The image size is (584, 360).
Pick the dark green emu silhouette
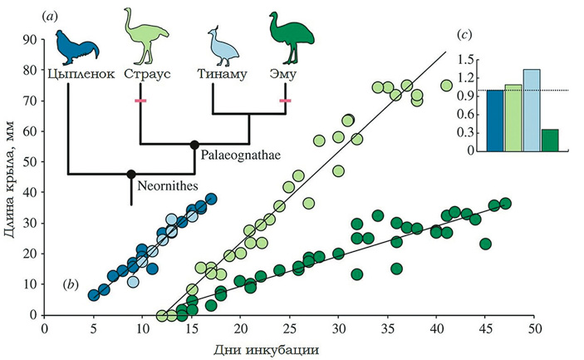pyautogui.click(x=287, y=36)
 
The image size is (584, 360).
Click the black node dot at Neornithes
pyautogui.click(x=130, y=174)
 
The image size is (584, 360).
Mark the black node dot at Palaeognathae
pyautogui.click(x=195, y=144)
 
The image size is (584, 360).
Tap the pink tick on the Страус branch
pyautogui.click(x=141, y=101)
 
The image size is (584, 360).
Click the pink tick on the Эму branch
pyautogui.click(x=286, y=101)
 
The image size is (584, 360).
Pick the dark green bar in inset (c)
pyautogui.click(x=550, y=141)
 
